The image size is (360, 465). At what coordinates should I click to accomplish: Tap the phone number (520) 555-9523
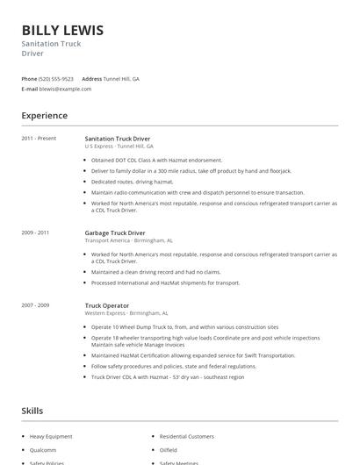click(56, 78)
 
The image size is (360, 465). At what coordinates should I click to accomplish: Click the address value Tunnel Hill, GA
click(121, 78)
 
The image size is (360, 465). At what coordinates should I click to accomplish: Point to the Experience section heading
click(44, 115)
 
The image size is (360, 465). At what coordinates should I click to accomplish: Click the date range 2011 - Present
click(39, 139)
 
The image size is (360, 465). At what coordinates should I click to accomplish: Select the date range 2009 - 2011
click(35, 232)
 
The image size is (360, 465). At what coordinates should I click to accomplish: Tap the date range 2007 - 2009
click(35, 305)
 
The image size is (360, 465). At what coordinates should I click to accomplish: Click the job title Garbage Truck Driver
click(115, 232)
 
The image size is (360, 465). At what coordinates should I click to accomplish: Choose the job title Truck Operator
click(106, 305)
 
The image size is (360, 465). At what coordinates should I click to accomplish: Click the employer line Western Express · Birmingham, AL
click(126, 313)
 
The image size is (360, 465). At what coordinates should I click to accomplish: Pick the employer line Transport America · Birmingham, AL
click(128, 240)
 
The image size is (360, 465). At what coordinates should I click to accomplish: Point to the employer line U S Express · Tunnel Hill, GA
click(119, 147)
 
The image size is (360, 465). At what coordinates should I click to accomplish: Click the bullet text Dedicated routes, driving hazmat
click(133, 182)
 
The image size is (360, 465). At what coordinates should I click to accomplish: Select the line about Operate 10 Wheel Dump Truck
click(184, 326)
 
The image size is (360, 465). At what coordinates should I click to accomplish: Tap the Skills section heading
click(32, 410)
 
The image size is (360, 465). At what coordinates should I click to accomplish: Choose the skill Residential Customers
click(186, 436)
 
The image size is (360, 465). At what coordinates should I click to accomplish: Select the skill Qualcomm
click(43, 449)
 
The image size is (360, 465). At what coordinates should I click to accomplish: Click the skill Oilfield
click(169, 449)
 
